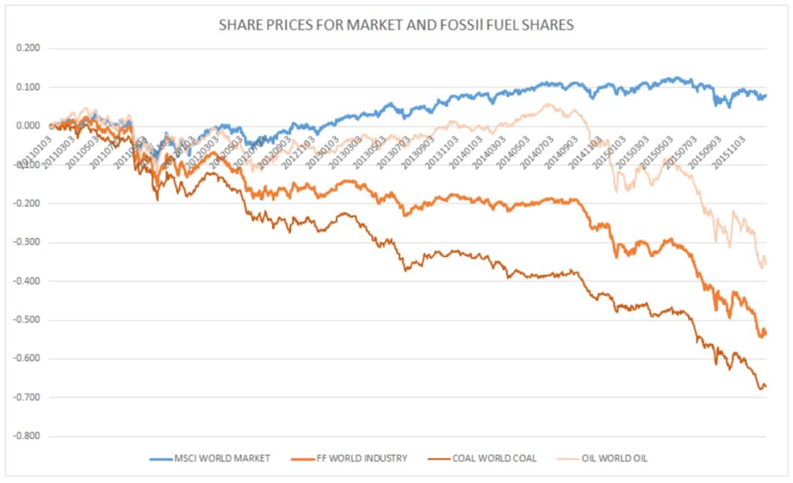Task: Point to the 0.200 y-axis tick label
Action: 27,49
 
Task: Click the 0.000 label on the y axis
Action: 27,126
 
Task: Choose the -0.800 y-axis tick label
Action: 26,436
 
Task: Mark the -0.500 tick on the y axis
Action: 26,320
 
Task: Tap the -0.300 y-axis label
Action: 26,243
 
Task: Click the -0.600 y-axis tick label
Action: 26,359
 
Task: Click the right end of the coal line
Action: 766,387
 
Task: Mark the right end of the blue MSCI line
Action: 766,95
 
